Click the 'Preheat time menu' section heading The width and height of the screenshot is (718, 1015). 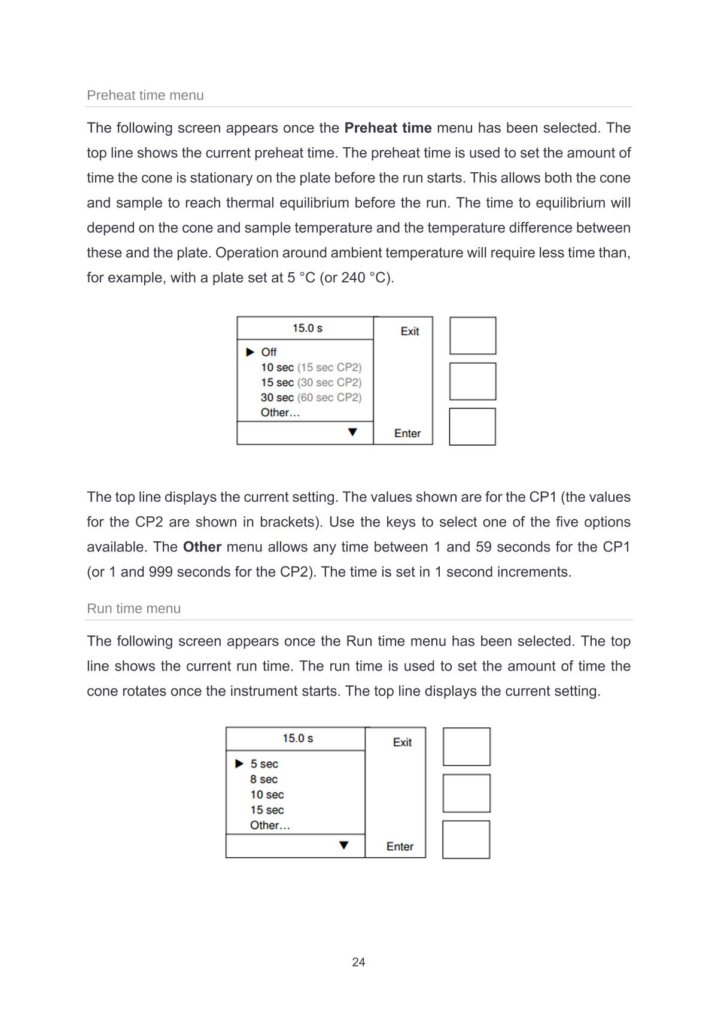click(x=145, y=96)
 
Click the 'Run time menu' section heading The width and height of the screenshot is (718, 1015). click(x=134, y=609)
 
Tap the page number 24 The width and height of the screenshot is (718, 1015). click(x=358, y=962)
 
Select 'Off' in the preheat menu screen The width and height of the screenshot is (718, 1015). click(x=269, y=352)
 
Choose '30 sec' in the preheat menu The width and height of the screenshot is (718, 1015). click(x=277, y=398)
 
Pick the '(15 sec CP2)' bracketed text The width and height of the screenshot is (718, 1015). click(x=330, y=367)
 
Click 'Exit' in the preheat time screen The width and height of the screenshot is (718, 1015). click(x=410, y=331)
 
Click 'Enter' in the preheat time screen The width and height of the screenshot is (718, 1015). click(x=407, y=434)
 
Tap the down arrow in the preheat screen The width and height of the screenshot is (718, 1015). click(x=352, y=432)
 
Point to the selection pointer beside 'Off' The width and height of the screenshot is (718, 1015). click(x=251, y=352)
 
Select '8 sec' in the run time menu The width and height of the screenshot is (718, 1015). click(x=264, y=779)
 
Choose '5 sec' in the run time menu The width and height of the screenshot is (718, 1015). click(x=264, y=764)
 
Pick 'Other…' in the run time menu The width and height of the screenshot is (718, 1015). click(x=270, y=825)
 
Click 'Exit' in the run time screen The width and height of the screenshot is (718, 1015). click(x=402, y=742)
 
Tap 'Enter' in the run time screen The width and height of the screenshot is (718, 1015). click(x=400, y=846)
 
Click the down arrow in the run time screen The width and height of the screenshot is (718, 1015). click(x=344, y=845)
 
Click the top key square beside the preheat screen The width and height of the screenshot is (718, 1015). click(x=473, y=336)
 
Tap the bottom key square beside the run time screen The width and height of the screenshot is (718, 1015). click(x=466, y=840)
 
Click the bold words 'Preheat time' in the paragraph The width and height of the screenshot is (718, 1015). click(x=388, y=128)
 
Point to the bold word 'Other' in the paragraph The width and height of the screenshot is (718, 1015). click(x=202, y=547)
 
